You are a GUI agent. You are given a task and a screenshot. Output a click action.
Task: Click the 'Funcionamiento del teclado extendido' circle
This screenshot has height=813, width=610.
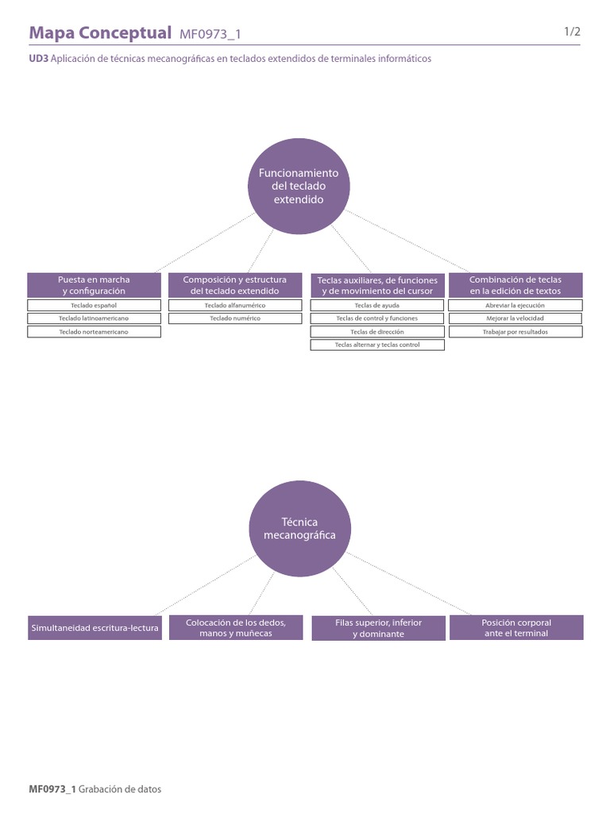click(298, 187)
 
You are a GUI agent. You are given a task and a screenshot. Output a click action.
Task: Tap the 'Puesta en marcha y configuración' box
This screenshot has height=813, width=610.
click(94, 285)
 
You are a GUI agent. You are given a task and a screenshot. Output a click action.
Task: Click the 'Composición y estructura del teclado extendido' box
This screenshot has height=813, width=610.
click(235, 285)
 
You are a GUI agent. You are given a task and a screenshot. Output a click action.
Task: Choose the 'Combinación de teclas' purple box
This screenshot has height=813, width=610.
click(515, 285)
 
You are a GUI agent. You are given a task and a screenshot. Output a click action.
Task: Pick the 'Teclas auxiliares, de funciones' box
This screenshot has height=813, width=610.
click(377, 285)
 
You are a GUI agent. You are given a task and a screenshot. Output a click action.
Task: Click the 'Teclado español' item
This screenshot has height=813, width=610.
click(94, 305)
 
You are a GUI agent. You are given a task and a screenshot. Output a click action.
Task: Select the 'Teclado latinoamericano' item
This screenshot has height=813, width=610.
click(94, 318)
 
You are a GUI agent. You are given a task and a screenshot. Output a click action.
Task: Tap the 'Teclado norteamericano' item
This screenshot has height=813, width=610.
click(94, 332)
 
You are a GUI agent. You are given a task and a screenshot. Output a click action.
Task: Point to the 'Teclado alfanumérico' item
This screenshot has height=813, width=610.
click(235, 305)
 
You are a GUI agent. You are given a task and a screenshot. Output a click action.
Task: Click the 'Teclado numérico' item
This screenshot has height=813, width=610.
click(235, 318)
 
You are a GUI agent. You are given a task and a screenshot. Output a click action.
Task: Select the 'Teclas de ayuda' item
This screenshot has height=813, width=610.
click(377, 305)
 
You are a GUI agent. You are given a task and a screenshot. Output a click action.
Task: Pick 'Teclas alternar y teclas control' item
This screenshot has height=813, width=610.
click(377, 345)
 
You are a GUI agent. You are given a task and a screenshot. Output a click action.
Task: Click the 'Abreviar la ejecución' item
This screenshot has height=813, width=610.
click(515, 305)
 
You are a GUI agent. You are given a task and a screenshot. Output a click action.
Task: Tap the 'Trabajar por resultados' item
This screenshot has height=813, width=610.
click(515, 332)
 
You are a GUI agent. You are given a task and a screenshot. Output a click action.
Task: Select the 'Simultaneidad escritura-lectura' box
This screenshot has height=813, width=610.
click(95, 628)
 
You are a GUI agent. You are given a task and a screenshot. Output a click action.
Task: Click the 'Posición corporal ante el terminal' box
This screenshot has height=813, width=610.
click(516, 628)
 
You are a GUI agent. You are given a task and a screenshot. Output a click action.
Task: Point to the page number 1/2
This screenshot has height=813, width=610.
click(573, 32)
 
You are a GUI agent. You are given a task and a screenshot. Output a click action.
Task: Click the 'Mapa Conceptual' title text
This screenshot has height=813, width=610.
click(100, 33)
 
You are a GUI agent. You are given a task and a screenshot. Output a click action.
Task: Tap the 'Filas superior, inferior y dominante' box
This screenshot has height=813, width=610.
click(378, 628)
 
